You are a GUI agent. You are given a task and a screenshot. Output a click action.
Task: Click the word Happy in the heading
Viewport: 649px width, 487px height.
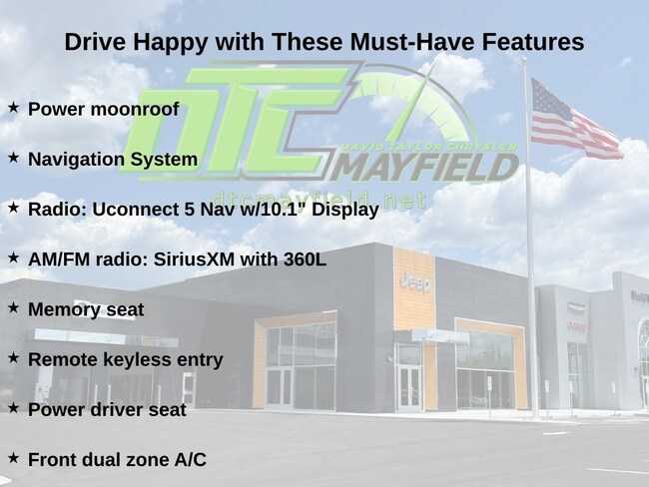tap(170, 43)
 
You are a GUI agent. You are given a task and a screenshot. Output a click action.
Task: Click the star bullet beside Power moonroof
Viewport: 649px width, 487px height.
tap(13, 107)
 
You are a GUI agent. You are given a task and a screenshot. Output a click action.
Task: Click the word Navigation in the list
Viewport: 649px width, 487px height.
tap(76, 160)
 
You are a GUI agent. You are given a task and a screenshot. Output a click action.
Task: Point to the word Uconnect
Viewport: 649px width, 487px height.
tap(136, 210)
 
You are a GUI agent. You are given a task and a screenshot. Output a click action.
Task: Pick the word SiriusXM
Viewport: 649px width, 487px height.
tap(194, 259)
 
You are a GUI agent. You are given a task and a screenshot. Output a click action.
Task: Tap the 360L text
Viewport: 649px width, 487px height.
tap(305, 259)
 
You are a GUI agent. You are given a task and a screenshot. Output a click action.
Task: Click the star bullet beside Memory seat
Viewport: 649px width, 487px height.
tap(13, 307)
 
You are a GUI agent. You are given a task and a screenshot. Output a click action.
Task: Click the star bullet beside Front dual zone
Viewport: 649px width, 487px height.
tap(13, 458)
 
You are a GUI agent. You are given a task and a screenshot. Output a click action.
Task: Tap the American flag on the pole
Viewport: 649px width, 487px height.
tap(574, 119)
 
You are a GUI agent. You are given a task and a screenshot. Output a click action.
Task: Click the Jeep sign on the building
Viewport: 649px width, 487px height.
tap(415, 283)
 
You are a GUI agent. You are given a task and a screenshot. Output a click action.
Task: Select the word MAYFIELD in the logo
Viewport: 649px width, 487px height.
tap(423, 168)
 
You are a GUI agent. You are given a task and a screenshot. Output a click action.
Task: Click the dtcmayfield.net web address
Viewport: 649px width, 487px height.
tap(320, 200)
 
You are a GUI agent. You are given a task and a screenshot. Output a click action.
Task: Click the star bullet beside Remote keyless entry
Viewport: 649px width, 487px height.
tap(13, 357)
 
